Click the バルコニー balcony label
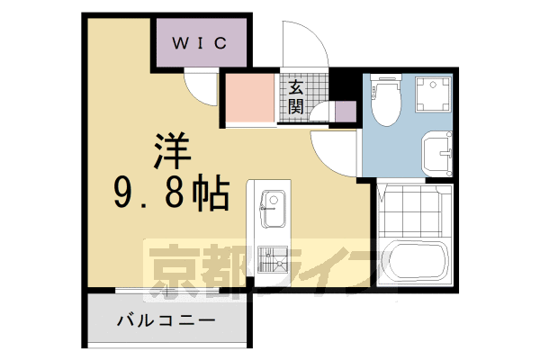point(166,319)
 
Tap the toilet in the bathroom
point(384,100)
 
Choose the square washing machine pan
point(432,95)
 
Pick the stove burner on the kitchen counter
point(272,261)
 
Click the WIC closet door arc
point(199,87)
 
